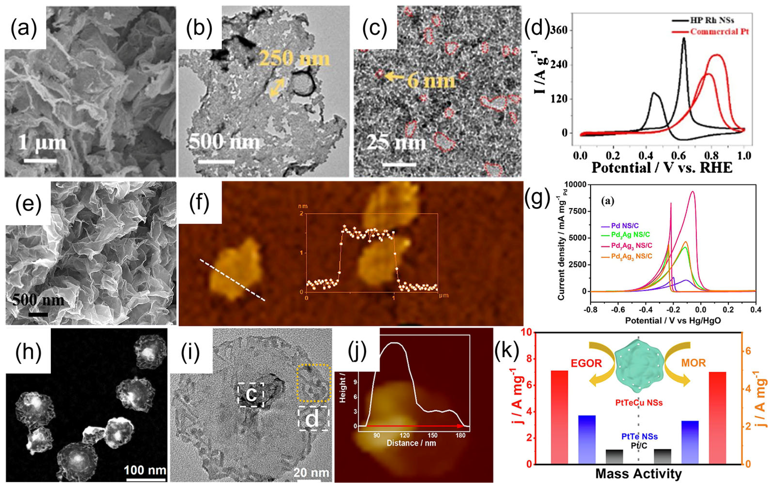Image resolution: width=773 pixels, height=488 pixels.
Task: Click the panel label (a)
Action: (24, 28)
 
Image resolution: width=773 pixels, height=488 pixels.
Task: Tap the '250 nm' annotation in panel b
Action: (294, 58)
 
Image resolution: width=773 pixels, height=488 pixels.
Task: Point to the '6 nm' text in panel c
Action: (431, 80)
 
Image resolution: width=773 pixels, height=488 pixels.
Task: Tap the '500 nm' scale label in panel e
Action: (38, 300)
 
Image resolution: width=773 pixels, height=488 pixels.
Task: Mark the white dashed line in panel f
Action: (233, 280)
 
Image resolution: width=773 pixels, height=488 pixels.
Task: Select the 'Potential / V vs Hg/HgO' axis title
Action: (673, 320)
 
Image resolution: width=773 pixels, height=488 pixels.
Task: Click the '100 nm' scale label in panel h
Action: (145, 470)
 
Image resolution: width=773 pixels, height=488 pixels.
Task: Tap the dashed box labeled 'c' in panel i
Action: (251, 394)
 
